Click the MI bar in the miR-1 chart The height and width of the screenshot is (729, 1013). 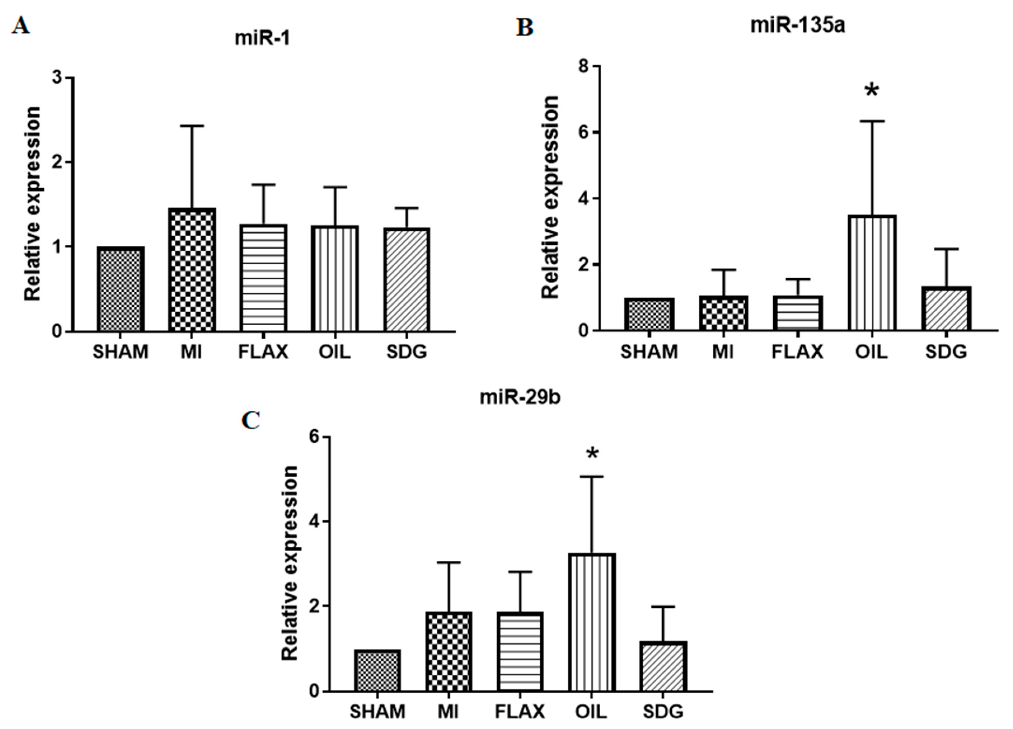(192, 270)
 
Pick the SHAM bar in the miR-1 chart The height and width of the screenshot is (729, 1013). (121, 289)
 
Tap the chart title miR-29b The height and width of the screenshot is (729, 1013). (520, 397)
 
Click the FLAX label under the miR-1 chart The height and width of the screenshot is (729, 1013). (263, 352)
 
